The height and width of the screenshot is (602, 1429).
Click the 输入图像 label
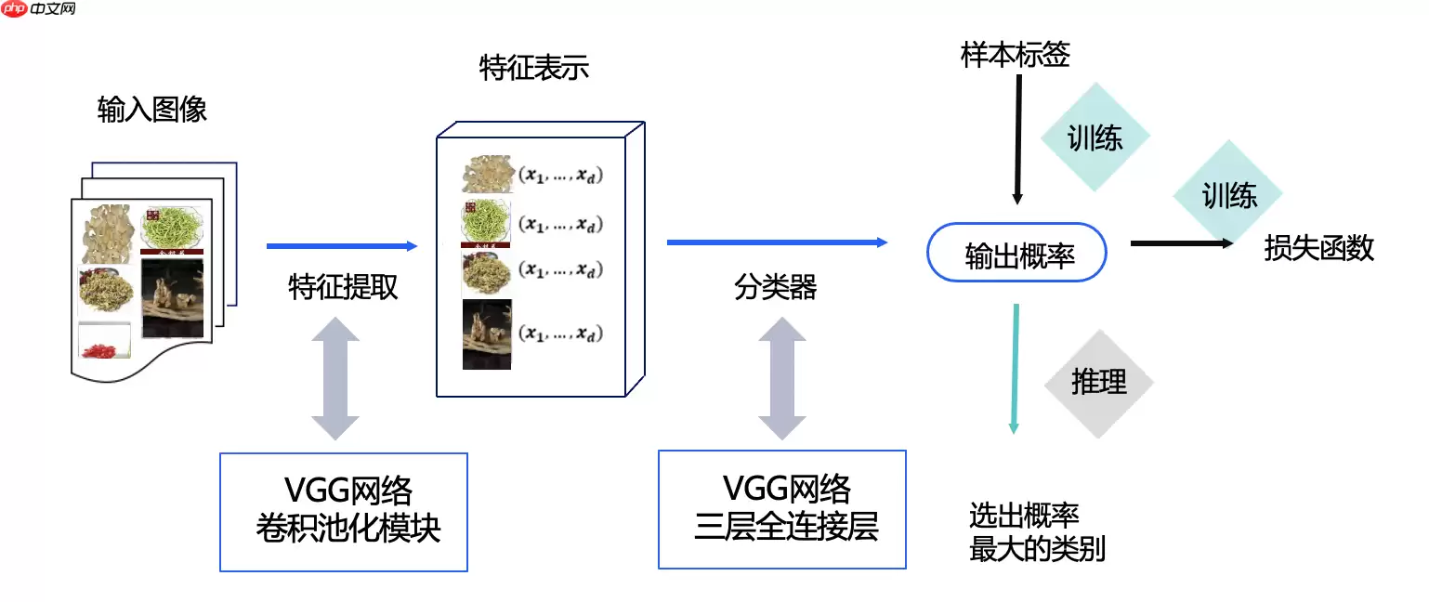(x=151, y=111)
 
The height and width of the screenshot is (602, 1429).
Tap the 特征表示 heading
(x=534, y=69)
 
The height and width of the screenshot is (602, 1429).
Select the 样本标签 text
(x=1016, y=56)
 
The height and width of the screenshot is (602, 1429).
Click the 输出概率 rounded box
(x=1017, y=253)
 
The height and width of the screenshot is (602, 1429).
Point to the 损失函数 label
(x=1318, y=248)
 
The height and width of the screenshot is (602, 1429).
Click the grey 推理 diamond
(x=1098, y=383)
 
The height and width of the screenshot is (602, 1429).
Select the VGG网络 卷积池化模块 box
(x=344, y=511)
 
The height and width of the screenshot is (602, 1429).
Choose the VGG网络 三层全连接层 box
(x=782, y=509)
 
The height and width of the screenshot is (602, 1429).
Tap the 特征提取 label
(x=343, y=288)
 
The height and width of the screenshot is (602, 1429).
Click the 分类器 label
(x=776, y=288)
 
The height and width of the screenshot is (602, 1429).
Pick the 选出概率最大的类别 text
(x=1037, y=532)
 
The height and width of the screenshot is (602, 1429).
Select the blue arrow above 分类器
(x=777, y=242)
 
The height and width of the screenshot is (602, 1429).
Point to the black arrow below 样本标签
(x=1018, y=139)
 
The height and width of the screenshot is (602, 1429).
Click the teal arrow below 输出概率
(x=1015, y=368)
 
